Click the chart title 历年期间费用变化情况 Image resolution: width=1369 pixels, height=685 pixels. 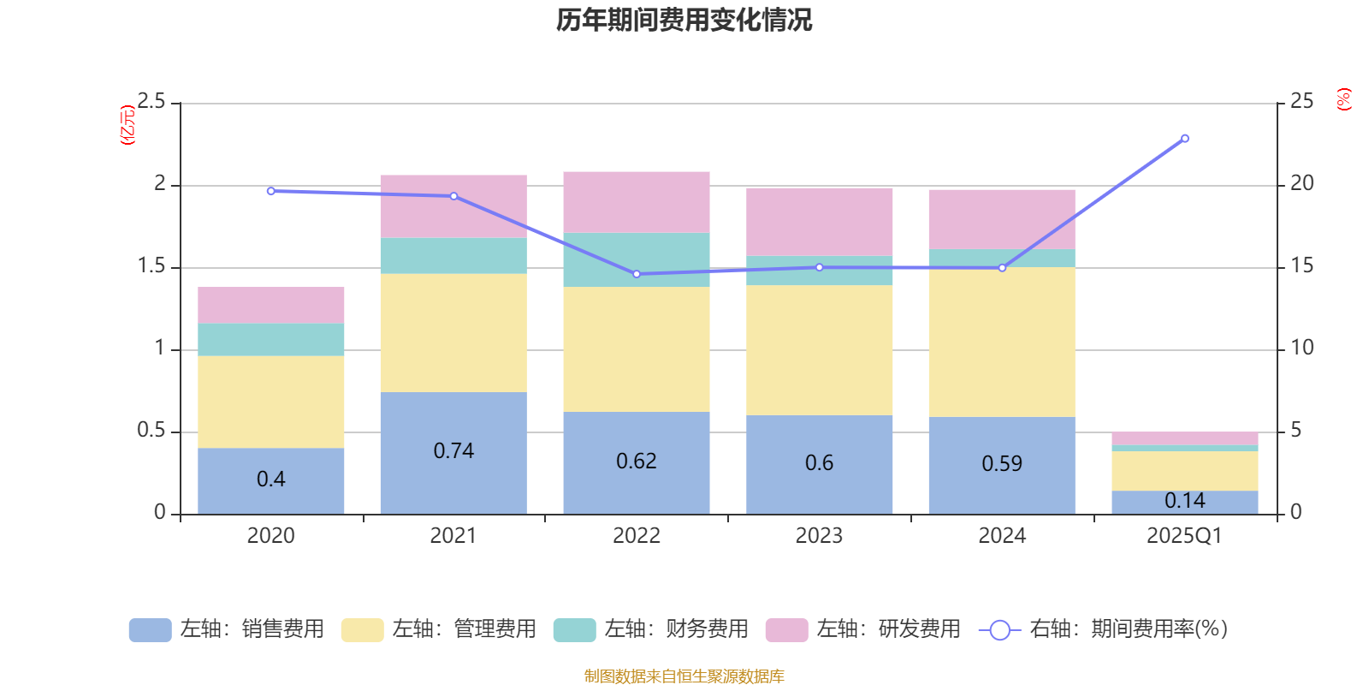684,20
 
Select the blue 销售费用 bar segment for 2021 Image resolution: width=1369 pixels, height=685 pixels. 453,479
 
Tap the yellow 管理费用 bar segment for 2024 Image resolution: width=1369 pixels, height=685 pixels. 1002,342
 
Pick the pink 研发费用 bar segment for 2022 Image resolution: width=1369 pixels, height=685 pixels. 637,202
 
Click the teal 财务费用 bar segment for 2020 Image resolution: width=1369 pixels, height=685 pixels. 271,340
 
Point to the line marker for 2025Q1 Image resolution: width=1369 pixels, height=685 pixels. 1185,138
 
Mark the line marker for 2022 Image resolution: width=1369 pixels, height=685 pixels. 637,274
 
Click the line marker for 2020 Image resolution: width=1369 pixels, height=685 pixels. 271,191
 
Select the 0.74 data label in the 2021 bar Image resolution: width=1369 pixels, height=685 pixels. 453,451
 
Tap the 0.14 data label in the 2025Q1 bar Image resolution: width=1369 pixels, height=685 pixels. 1185,501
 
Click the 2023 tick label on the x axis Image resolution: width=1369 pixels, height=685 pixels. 819,536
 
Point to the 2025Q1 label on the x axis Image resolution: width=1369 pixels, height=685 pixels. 1185,536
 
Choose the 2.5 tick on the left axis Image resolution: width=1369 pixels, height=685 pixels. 151,102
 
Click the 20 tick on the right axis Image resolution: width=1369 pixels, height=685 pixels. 1301,183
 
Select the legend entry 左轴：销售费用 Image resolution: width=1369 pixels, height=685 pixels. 228,629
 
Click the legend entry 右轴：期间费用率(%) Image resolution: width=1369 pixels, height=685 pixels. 1104,629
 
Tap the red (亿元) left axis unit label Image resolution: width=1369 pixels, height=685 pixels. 127,125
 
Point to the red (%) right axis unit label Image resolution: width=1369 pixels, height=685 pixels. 1344,99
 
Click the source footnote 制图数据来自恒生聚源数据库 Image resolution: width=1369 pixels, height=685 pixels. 684,676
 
